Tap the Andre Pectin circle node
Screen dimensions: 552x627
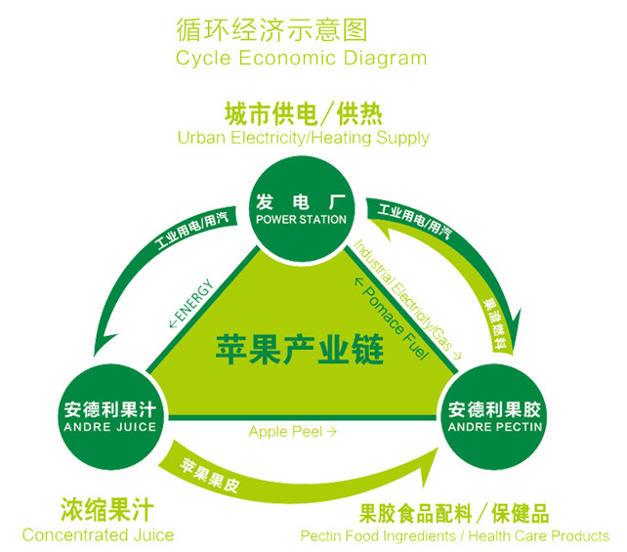pyautogui.click(x=495, y=417)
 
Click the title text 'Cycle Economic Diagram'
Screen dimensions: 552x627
pyautogui.click(x=301, y=58)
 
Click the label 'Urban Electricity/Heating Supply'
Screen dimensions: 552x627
pyautogui.click(x=303, y=138)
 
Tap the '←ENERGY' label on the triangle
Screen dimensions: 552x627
pyautogui.click(x=191, y=304)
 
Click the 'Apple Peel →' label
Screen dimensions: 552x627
pyautogui.click(x=293, y=431)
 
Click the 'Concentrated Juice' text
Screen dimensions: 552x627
pyautogui.click(x=98, y=534)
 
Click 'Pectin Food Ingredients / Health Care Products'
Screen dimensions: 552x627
pyautogui.click(x=454, y=535)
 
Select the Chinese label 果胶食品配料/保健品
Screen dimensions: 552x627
pyautogui.click(x=454, y=511)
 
